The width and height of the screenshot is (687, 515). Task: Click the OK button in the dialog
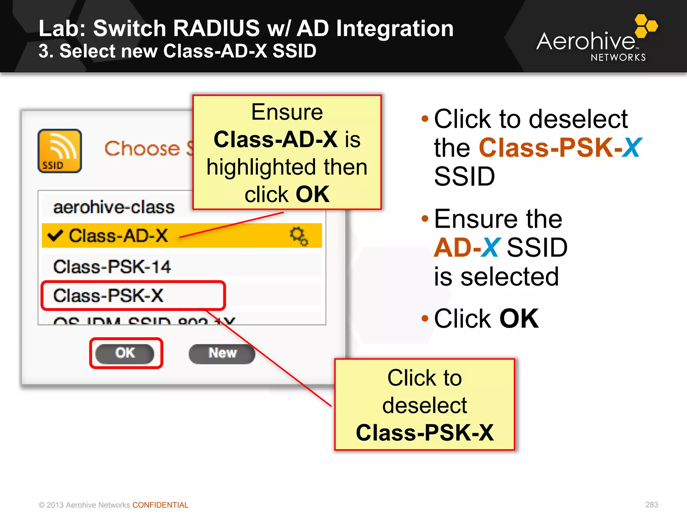coord(125,353)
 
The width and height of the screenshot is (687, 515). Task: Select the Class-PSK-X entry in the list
coord(108,296)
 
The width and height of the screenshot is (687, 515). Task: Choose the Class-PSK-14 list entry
coord(112,267)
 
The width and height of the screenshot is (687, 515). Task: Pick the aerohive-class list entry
coord(114,207)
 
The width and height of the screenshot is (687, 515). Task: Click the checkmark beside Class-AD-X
coord(55,235)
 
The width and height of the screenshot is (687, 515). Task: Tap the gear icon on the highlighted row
coord(299,236)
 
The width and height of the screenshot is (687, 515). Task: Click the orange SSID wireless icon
coord(60,151)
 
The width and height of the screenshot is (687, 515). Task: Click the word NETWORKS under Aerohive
coord(618,58)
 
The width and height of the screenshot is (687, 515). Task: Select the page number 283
coord(651,505)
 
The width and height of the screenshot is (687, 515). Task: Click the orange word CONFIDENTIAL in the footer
coord(160,505)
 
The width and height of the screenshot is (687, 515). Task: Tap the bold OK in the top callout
coord(312,194)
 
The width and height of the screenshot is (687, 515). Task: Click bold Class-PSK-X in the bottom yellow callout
coord(424,433)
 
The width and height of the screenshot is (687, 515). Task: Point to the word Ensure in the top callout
coord(287,112)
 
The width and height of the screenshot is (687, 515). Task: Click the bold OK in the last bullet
coord(519,319)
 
